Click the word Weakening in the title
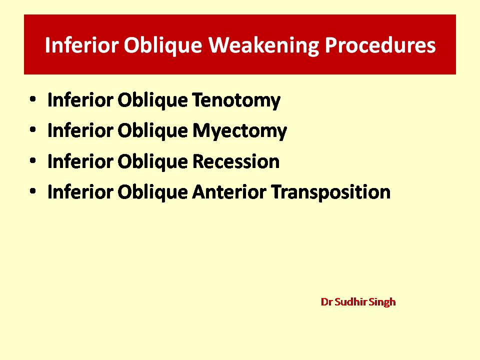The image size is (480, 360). click(263, 46)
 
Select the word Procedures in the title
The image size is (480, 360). click(380, 45)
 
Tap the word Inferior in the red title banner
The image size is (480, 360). click(81, 45)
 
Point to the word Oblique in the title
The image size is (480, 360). click(163, 46)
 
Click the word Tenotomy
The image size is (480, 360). click(236, 100)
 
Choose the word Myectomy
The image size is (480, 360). click(239, 131)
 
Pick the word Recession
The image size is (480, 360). click(235, 161)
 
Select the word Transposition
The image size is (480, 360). click(331, 192)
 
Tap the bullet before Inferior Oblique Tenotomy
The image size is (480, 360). click(33, 99)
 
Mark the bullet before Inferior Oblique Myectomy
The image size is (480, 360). click(33, 129)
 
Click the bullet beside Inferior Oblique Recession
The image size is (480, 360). click(33, 160)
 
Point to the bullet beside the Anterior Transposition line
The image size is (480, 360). click(33, 190)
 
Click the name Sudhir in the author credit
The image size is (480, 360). click(350, 302)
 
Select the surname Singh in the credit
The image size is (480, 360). click(382, 302)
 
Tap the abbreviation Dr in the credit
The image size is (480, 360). click(326, 302)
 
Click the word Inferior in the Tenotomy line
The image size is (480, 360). click(80, 100)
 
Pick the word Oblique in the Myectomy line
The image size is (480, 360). click(152, 131)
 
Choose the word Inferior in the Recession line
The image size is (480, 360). click(80, 161)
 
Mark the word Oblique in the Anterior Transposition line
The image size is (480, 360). click(152, 192)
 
